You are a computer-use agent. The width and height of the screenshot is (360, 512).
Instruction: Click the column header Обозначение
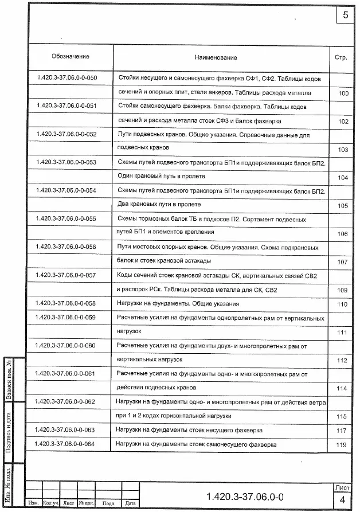(71, 57)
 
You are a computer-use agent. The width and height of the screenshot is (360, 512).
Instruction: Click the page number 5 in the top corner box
(345, 15)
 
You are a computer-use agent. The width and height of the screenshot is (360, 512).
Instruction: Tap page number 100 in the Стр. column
(343, 93)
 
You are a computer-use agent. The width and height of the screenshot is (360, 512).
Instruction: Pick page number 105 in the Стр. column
(343, 205)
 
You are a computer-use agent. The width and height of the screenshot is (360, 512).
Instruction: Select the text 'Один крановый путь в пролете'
(161, 177)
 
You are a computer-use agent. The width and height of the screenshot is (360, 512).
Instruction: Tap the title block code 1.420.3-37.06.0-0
(245, 495)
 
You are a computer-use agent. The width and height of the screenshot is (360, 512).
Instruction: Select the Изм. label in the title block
(33, 503)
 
